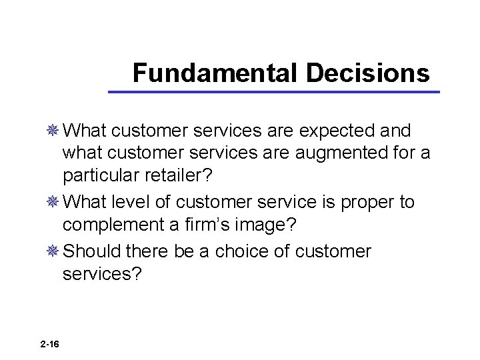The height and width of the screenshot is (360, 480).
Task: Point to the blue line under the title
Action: (274, 91)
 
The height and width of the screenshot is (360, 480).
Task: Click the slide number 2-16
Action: (49, 344)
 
